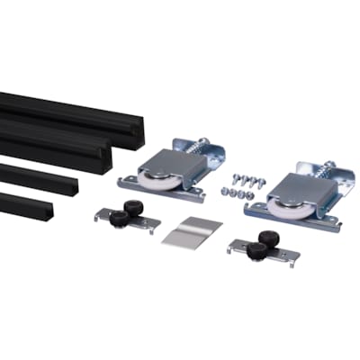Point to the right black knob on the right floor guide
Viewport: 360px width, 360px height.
coord(266,240)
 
